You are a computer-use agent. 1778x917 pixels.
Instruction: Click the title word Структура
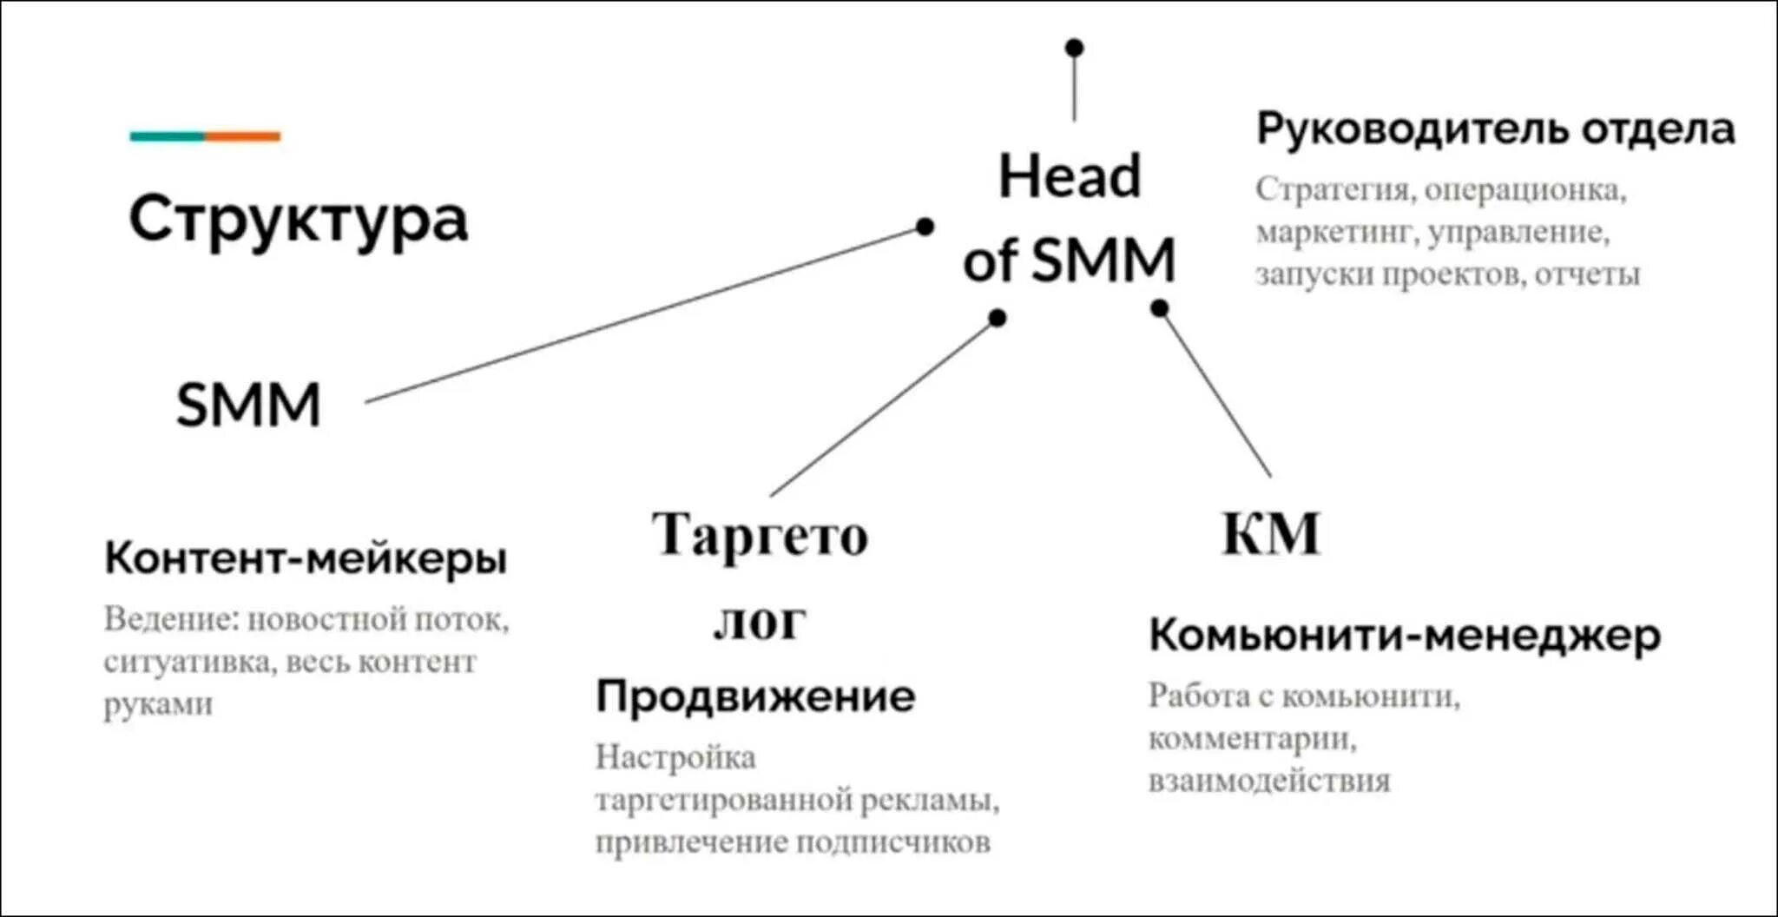pos(298,219)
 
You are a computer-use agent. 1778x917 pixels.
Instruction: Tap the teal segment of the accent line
pos(168,136)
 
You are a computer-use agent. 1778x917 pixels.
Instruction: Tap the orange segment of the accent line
pos(243,136)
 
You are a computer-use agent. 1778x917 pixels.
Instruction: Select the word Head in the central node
pos(1070,176)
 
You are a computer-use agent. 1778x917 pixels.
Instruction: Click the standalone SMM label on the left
pos(248,405)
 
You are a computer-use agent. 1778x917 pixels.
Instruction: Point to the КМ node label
pos(1271,533)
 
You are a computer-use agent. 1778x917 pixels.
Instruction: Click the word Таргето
pos(760,534)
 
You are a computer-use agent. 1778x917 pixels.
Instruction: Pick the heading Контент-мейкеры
pos(306,557)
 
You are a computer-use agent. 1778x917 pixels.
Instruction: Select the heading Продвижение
pos(755,696)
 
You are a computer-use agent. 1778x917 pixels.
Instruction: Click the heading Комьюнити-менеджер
pos(1405,636)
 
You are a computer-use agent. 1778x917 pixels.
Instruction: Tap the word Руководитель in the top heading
pos(1413,129)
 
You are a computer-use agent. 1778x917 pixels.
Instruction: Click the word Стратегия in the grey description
pos(1333,189)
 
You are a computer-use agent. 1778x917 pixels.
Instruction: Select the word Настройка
pos(675,757)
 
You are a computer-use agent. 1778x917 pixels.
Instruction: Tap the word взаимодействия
pos(1269,781)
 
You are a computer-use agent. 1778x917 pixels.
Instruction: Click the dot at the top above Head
pos(1075,48)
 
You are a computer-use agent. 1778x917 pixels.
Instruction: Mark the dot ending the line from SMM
pos(925,227)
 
